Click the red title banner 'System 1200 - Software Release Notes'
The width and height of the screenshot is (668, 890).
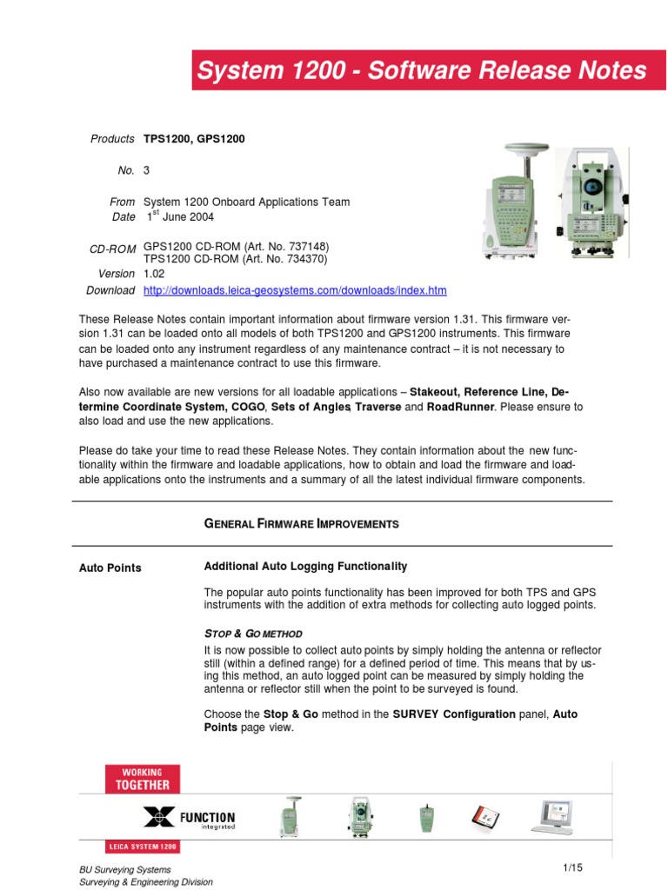pyautogui.click(x=422, y=70)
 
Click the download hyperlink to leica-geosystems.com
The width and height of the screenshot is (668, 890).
pyautogui.click(x=295, y=290)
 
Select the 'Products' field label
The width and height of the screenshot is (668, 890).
pyautogui.click(x=113, y=139)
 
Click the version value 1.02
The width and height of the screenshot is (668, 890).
pyautogui.click(x=154, y=274)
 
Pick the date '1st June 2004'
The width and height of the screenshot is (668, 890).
pyautogui.click(x=179, y=217)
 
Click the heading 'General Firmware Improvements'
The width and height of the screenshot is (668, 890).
pyautogui.click(x=301, y=524)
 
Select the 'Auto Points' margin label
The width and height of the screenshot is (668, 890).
pyautogui.click(x=110, y=568)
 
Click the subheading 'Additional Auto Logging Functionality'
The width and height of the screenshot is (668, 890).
pyautogui.click(x=305, y=567)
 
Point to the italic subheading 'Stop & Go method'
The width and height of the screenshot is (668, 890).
pyautogui.click(x=253, y=634)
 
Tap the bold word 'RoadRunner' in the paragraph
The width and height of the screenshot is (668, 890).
pyautogui.click(x=460, y=407)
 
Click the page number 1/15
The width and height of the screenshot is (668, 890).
pyautogui.click(x=571, y=868)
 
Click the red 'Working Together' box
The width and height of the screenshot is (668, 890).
pyautogui.click(x=144, y=778)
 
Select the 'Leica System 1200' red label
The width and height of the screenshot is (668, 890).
pyautogui.click(x=144, y=846)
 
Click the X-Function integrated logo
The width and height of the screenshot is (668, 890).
pyautogui.click(x=189, y=818)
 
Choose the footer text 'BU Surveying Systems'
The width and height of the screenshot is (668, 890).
pyautogui.click(x=124, y=869)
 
